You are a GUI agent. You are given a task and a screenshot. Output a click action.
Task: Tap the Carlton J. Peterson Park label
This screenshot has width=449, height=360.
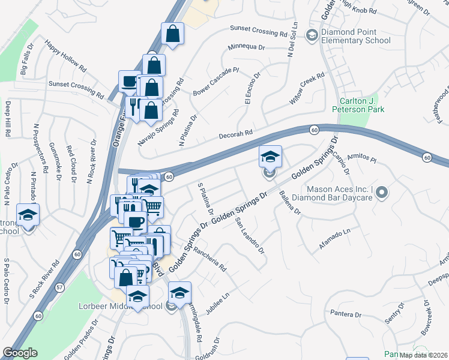pos(358,105)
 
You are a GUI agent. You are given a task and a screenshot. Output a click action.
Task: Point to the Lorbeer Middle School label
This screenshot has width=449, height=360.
pos(120,307)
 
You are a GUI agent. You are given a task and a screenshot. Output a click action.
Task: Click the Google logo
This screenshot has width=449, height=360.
pos(20,353)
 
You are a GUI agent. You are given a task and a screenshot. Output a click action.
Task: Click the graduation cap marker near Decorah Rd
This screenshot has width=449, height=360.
pos(270,157)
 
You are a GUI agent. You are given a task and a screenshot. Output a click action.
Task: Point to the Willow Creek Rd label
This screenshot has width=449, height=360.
pos(306,89)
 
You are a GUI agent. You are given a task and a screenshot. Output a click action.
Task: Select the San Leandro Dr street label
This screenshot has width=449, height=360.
pos(250,235)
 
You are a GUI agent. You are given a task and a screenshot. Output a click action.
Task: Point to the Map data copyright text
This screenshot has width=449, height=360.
pos(424,355)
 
